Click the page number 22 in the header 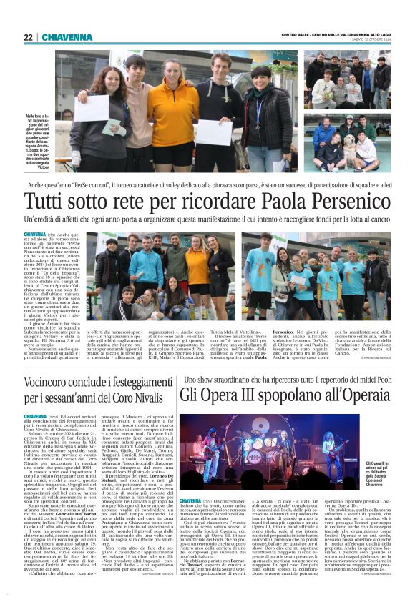click(x=29, y=37)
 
